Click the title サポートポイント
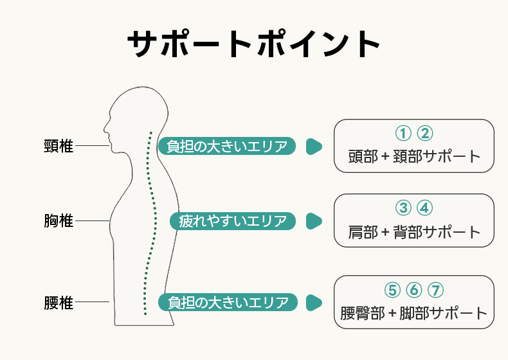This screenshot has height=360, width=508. pos(254,44)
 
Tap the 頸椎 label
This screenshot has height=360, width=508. pos(59,147)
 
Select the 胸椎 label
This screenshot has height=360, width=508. pos(59,221)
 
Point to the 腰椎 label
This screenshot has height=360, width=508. pos(59,302)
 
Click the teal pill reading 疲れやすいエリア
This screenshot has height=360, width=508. pos(233,221)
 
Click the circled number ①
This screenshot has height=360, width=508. pos(403,133)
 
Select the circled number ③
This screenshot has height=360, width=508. pos(403,208)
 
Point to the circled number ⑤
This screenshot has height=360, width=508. pos(392,290)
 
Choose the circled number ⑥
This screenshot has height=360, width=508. pos(413,290)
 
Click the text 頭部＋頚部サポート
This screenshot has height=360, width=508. pos(414,156)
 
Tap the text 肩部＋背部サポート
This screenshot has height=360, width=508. pos(414,231)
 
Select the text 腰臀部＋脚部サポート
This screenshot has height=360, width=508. pos(414,313)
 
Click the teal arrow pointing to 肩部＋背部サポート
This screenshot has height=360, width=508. pos(313,221)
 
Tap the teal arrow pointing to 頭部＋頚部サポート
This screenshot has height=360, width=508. pos(313,147)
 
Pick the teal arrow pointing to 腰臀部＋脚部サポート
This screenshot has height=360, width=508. pos(313,302)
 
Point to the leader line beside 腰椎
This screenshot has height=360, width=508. pos(93,302)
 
